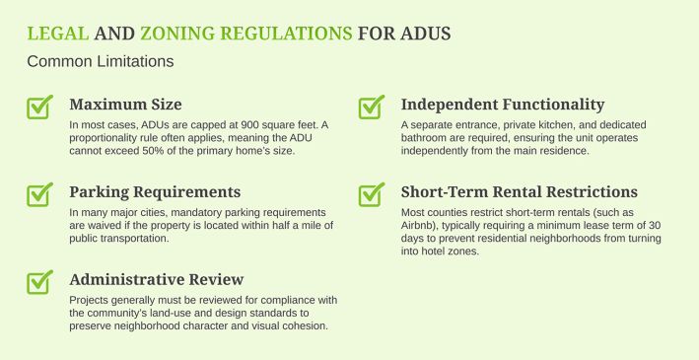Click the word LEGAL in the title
coord(58,34)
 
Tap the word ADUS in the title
coord(425,34)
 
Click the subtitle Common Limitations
coord(101,61)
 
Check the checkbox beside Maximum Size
coord(39,108)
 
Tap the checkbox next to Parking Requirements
coord(39,194)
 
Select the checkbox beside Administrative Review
coord(39,282)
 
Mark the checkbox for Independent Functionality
coord(372,108)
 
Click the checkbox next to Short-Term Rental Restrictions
coord(372,194)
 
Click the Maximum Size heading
coord(126,105)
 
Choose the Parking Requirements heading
coord(155,192)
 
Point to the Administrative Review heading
coord(157,280)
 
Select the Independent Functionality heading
coord(503,105)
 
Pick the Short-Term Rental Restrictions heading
coord(520,191)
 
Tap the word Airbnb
coord(417,225)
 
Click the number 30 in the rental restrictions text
coord(655,225)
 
